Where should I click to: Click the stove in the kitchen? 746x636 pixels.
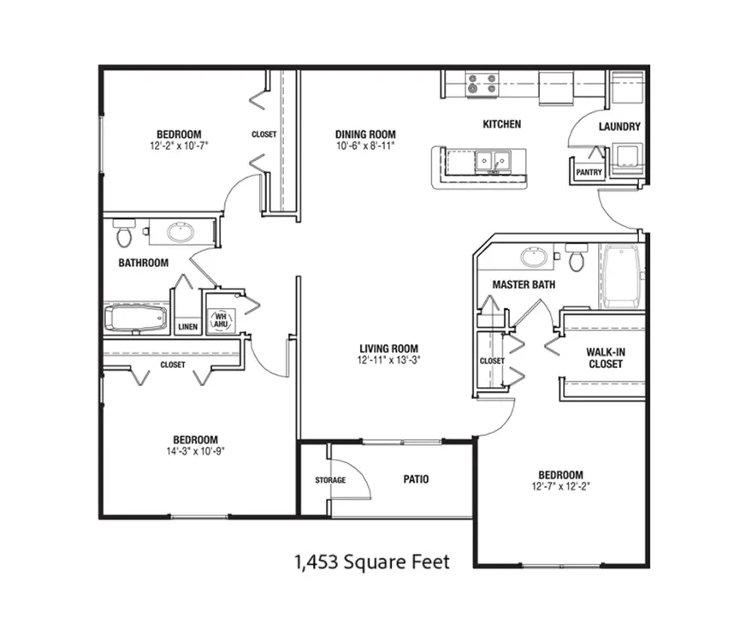coord(482,85)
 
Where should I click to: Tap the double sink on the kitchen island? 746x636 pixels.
coord(493,161)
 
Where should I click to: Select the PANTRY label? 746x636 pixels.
coord(589,172)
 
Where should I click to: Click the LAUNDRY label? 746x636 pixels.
coord(619,127)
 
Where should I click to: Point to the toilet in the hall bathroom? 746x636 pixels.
coord(124,233)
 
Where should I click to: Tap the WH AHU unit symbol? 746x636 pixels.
coord(221,320)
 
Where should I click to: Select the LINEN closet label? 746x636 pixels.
coord(188,327)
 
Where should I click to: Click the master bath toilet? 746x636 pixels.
coord(576,257)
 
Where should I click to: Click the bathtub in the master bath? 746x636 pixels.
coord(621,276)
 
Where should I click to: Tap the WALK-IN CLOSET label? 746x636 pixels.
coord(606,358)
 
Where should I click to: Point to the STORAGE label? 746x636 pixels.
coord(330,480)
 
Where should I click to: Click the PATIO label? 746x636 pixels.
coord(416,479)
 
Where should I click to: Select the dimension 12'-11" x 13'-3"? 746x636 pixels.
coord(388,360)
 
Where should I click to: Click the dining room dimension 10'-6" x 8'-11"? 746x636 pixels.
coord(365,146)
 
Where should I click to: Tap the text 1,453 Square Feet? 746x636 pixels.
coord(372,562)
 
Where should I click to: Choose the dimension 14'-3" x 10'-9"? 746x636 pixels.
coord(196,451)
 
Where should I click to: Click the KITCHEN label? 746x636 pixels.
coord(502,124)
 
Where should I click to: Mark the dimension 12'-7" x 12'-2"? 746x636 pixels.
coord(561,486)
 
